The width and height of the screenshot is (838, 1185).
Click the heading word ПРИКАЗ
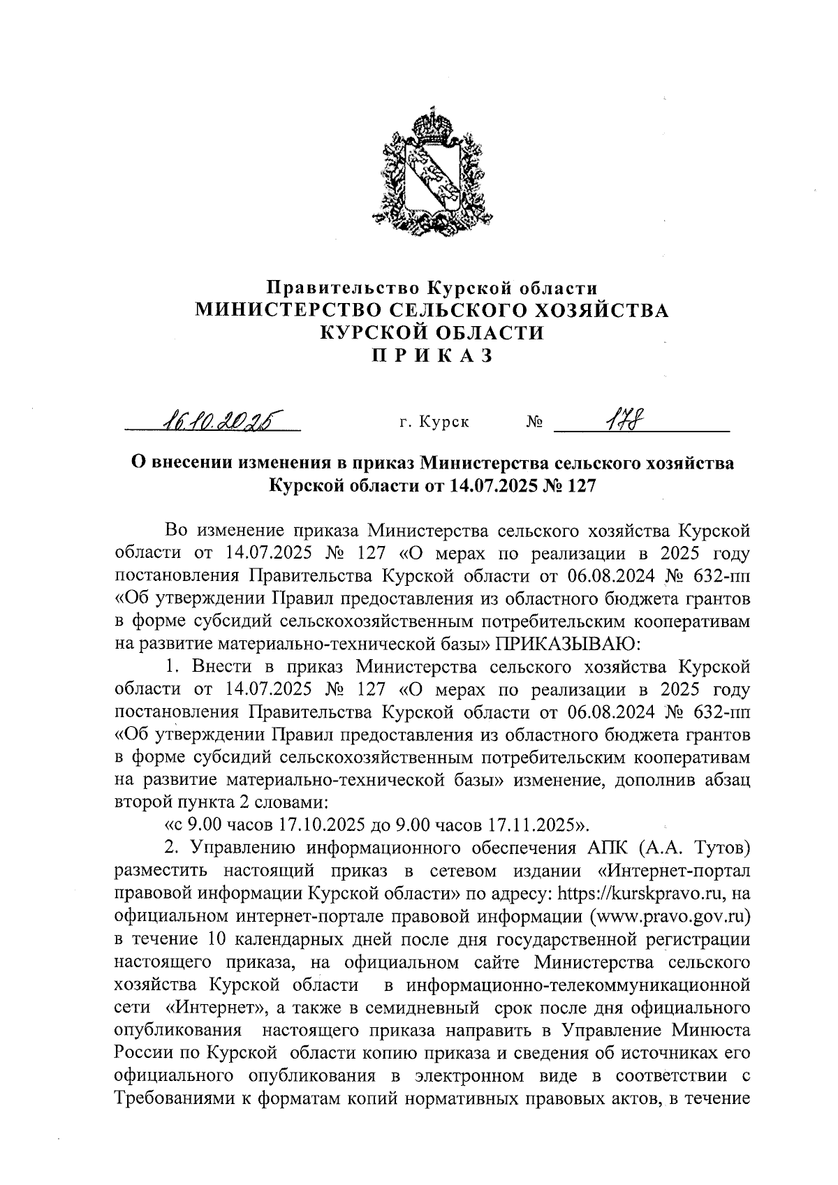point(431,355)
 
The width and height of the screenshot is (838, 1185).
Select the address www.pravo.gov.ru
point(670,915)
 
